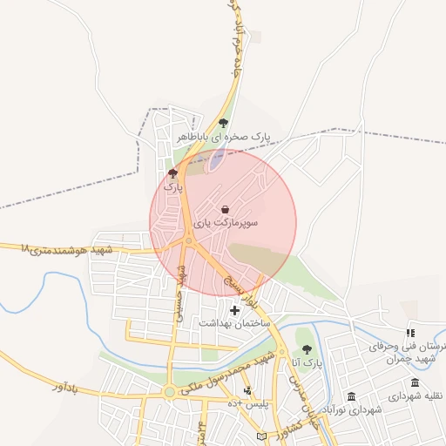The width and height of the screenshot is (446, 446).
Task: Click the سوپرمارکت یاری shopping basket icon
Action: [x=226, y=210]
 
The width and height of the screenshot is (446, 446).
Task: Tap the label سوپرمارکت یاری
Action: [x=226, y=224]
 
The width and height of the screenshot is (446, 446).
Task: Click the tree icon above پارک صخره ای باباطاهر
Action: [x=224, y=123]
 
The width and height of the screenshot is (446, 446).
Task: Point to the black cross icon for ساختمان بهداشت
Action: [x=234, y=310]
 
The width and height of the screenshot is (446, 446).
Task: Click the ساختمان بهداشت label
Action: [x=233, y=323]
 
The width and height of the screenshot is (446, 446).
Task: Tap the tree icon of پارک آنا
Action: [x=306, y=349]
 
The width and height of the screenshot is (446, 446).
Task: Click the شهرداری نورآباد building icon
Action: [x=351, y=396]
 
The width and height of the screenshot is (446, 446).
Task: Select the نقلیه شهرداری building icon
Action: [x=415, y=383]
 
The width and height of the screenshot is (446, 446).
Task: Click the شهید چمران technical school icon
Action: [x=410, y=333]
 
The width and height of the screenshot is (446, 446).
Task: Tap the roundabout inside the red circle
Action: [x=188, y=241]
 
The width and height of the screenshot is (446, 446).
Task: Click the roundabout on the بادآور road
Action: [x=169, y=392]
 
